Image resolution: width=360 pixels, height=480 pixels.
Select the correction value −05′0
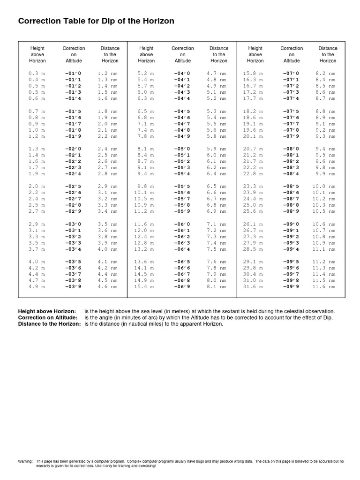click(182, 149)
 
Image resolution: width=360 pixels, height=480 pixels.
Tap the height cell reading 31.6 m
click(253, 286)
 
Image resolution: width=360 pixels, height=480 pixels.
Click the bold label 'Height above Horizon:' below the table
click(47, 311)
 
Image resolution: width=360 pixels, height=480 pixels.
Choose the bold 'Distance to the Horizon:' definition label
click(49, 324)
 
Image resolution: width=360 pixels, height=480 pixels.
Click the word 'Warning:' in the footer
click(25, 462)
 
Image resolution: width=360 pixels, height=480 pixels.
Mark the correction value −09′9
click(291, 286)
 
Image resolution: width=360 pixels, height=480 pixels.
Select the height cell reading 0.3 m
click(37, 74)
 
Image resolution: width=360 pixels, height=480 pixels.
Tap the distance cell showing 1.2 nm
click(107, 74)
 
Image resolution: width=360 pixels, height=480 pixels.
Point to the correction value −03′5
click(73, 262)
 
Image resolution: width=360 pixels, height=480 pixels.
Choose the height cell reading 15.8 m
click(253, 74)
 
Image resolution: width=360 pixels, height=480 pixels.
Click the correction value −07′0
click(291, 74)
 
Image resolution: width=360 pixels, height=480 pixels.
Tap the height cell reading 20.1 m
click(253, 136)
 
